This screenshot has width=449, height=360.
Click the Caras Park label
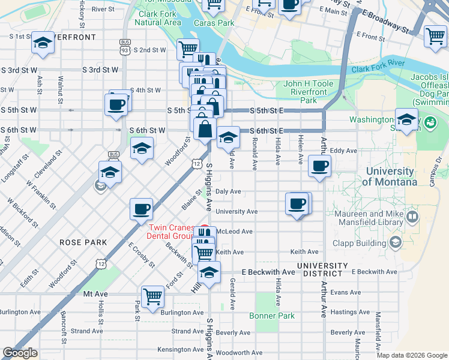click(214, 23)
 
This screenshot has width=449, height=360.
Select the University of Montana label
click(391, 176)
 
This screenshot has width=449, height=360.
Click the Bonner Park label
click(273, 316)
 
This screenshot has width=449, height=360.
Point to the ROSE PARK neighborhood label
click(83, 242)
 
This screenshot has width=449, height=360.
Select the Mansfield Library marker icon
click(412, 216)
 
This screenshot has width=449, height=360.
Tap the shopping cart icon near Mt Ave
click(153, 296)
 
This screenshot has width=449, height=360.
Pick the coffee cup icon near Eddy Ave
click(319, 166)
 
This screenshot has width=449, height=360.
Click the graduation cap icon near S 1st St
click(43, 42)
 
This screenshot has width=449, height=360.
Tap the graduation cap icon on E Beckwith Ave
click(209, 272)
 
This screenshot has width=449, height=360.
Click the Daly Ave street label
click(228, 191)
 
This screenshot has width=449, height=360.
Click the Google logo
click(20, 353)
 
